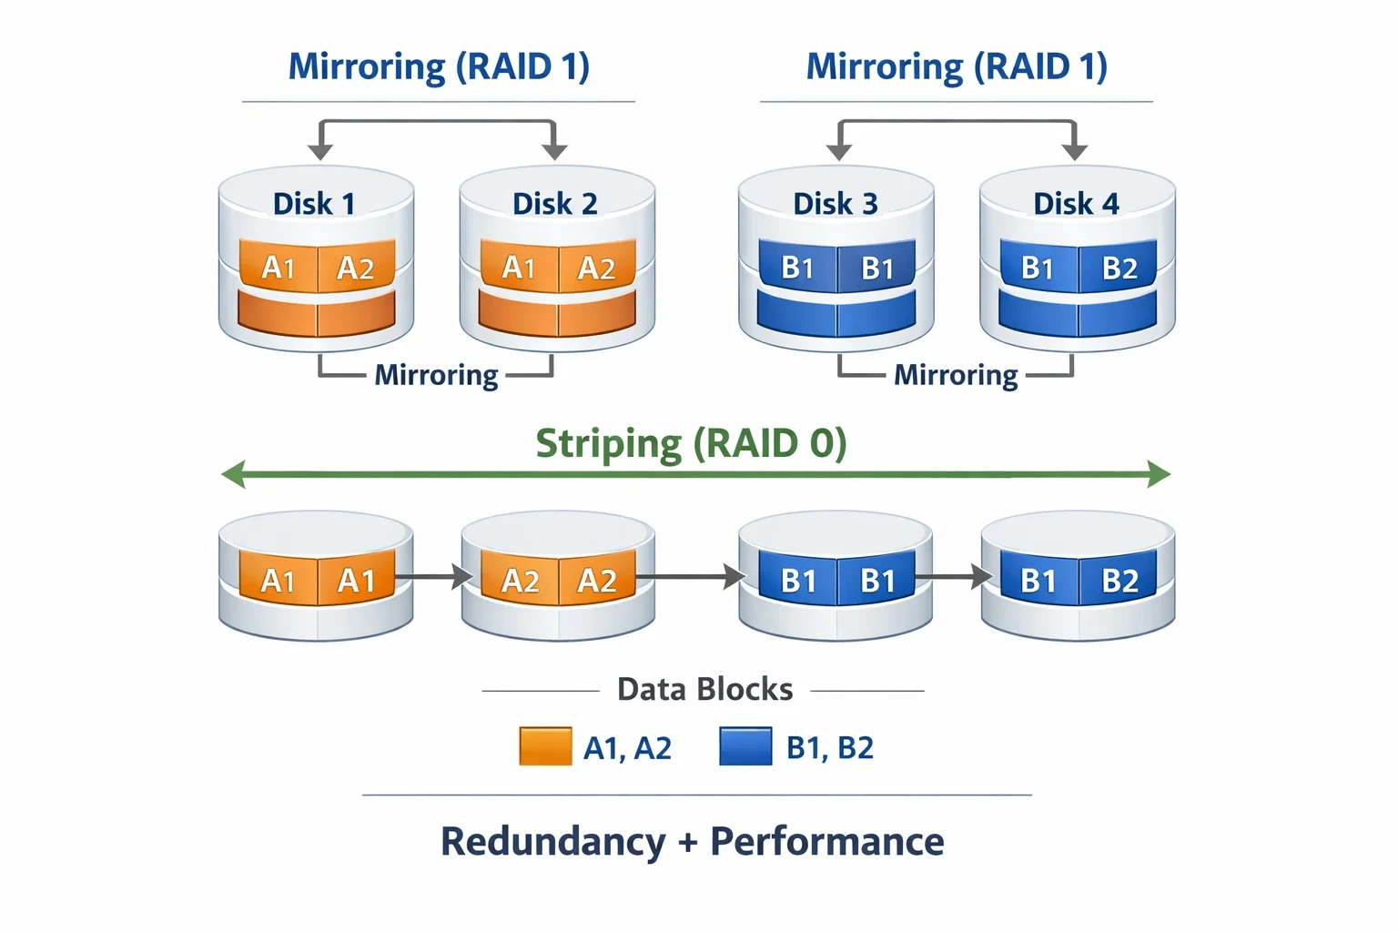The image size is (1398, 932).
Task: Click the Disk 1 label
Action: tap(314, 204)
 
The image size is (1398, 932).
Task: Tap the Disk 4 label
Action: tap(1076, 204)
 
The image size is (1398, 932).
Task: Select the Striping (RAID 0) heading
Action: tap(691, 444)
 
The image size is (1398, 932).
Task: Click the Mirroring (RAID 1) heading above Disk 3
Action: tap(957, 66)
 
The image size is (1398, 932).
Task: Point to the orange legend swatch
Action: tap(545, 746)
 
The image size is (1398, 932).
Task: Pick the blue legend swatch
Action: tap(745, 746)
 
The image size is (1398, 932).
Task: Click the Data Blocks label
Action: tap(704, 690)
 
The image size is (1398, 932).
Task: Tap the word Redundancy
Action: tap(553, 842)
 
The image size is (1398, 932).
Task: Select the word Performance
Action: tap(827, 842)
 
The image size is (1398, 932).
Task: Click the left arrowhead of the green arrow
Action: tap(233, 474)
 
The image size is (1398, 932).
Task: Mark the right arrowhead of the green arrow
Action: tap(1159, 474)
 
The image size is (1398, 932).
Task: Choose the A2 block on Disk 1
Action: tap(357, 267)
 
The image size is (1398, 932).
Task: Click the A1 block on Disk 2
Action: tap(520, 267)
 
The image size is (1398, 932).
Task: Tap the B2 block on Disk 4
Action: tap(1118, 267)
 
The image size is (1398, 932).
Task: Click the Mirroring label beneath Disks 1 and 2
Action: tap(436, 376)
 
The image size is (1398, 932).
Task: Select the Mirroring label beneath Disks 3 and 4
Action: tap(956, 376)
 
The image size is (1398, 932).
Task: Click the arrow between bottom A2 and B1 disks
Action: tap(691, 576)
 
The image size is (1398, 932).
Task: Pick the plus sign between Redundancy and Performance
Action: tap(688, 843)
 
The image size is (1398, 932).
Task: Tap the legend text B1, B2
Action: tap(829, 747)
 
